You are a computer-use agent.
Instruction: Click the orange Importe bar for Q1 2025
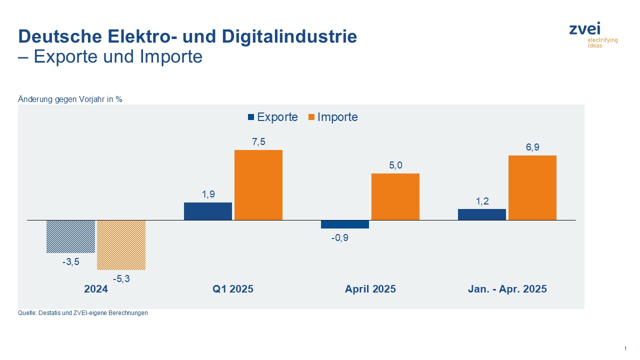point(258,185)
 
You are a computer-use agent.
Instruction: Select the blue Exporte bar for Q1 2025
point(208,211)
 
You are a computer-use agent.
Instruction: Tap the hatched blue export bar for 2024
point(70,236)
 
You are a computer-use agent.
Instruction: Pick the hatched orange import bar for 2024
point(121,245)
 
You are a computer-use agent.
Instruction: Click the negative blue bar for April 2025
point(345,224)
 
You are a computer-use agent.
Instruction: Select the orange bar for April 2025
point(395,197)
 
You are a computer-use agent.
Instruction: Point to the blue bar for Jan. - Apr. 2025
point(482,214)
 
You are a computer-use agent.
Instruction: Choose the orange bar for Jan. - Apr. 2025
point(532,187)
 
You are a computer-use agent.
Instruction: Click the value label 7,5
point(258,142)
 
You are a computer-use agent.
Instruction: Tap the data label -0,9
point(340,238)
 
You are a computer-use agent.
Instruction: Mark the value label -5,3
point(121,279)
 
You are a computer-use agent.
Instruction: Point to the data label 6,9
point(532,147)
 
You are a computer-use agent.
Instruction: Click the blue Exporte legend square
point(251,117)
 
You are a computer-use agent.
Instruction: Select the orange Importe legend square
point(311,117)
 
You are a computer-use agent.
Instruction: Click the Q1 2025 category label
point(233,289)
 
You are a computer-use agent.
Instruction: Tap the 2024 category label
point(96,289)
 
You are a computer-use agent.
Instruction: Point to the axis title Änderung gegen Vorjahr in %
point(70,99)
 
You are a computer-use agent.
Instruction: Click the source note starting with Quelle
point(83,313)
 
